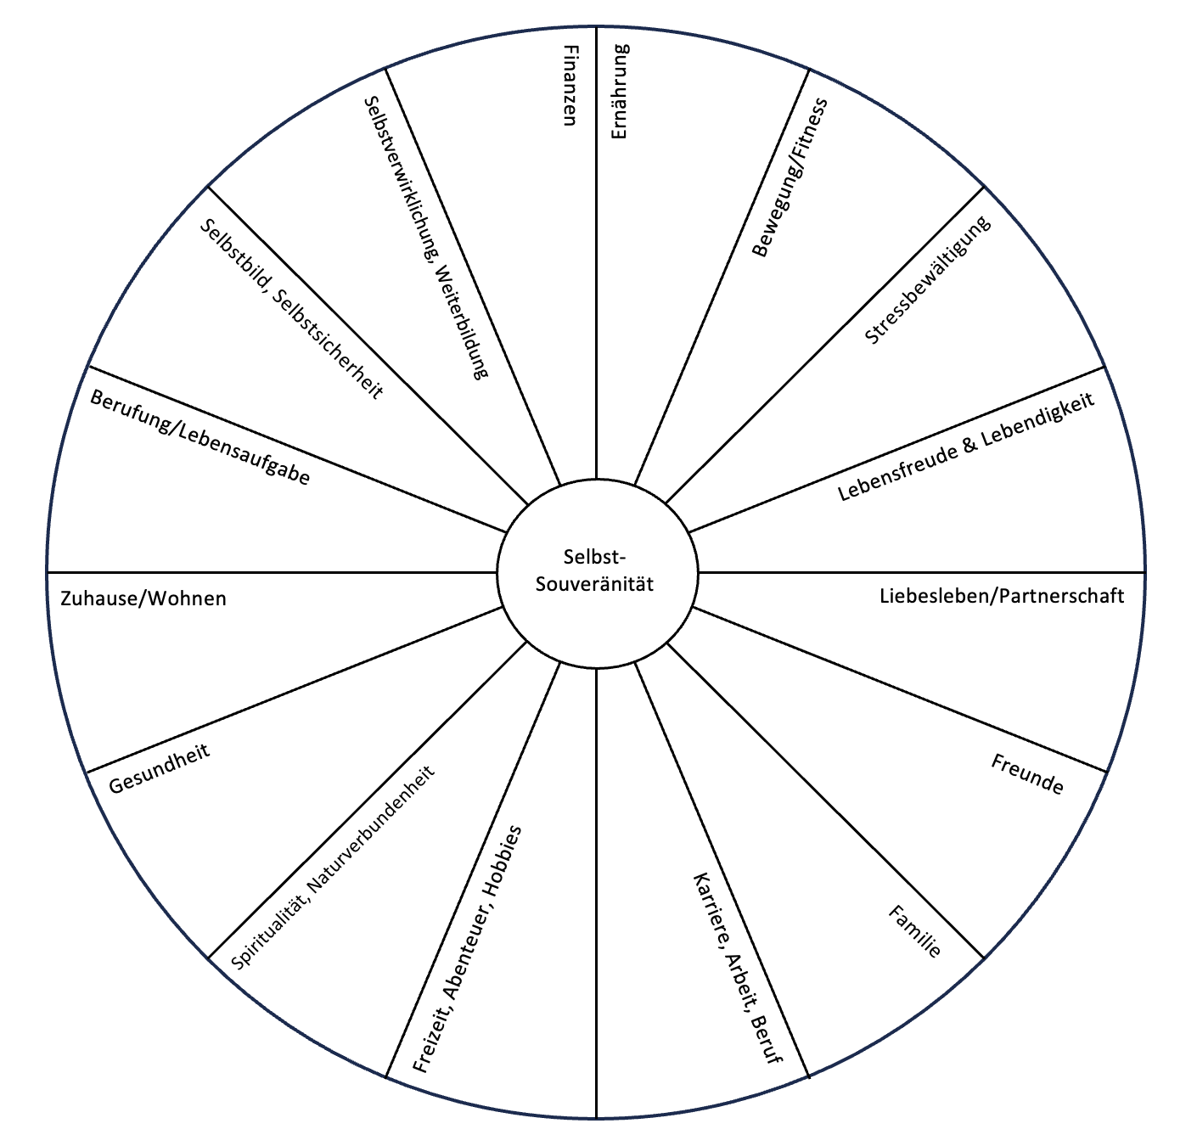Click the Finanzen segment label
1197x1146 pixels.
570,84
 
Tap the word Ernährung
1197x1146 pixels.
620,92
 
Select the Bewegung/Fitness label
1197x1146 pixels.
790,177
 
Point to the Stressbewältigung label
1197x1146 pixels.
927,280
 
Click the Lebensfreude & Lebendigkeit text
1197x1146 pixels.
966,447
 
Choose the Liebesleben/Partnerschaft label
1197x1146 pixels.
1002,596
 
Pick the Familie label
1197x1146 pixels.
914,931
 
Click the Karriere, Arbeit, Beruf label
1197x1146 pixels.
737,968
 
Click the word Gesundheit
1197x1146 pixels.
159,768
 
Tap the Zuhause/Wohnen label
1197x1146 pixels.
143,598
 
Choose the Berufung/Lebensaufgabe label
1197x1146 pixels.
200,437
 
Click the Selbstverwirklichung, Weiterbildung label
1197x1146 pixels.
426,237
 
